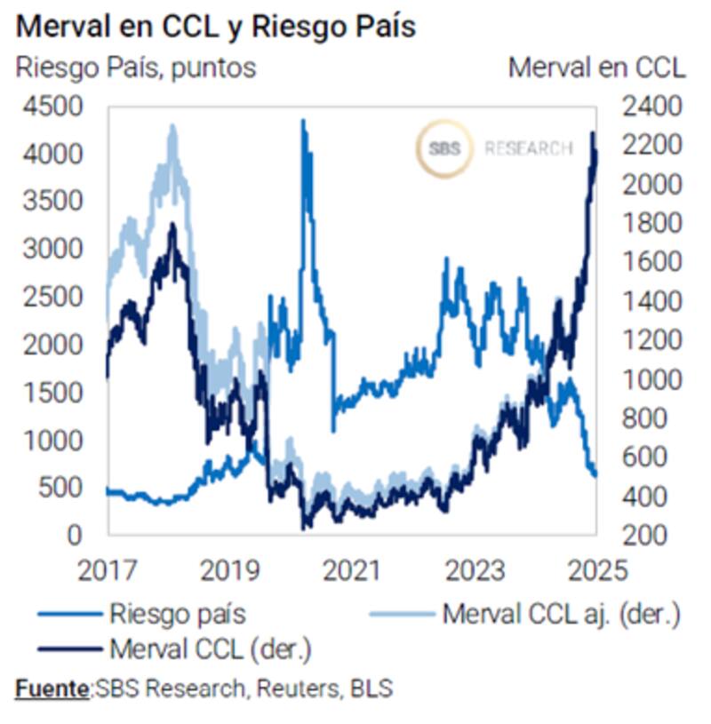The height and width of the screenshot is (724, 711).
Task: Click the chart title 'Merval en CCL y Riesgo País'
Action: point(215,27)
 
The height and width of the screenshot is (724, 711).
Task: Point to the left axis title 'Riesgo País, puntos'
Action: point(136,68)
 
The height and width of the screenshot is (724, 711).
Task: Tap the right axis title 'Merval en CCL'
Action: point(596,68)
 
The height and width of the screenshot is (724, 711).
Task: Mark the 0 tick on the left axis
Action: point(76,535)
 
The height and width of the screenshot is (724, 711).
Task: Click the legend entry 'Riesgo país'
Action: point(178,613)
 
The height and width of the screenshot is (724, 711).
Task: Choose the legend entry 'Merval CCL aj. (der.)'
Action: point(563,613)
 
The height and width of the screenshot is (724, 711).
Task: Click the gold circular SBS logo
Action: point(443,149)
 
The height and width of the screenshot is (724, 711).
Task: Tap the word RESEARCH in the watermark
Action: point(528,149)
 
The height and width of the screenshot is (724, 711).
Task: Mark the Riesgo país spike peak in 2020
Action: point(303,122)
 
